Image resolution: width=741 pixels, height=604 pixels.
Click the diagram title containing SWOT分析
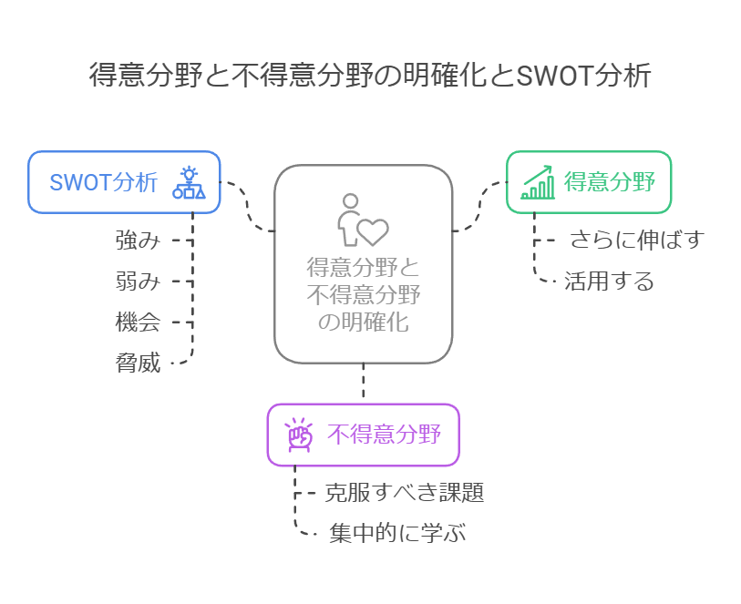(370, 75)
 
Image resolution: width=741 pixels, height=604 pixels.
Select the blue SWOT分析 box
(124, 182)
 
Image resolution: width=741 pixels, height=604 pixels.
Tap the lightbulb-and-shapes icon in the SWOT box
(189, 182)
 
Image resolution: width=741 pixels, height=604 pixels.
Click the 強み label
(138, 241)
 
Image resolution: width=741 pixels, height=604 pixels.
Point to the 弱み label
(138, 282)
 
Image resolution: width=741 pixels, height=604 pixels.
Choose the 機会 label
(138, 322)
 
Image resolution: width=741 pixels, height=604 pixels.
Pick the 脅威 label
(138, 363)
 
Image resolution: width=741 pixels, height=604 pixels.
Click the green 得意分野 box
(588, 182)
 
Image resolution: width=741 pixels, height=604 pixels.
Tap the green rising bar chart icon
(538, 182)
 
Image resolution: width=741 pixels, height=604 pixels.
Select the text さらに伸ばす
(637, 241)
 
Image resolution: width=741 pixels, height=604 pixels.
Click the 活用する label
(609, 282)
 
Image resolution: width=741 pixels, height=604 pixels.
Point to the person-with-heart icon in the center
(362, 220)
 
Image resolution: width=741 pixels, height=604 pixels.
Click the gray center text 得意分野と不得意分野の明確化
(363, 295)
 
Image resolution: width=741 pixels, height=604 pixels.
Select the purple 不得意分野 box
(363, 435)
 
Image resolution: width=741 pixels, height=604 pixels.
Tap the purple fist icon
(299, 435)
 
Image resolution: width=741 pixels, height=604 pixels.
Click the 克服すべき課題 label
(404, 493)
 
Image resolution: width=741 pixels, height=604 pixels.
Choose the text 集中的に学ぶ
(397, 534)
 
